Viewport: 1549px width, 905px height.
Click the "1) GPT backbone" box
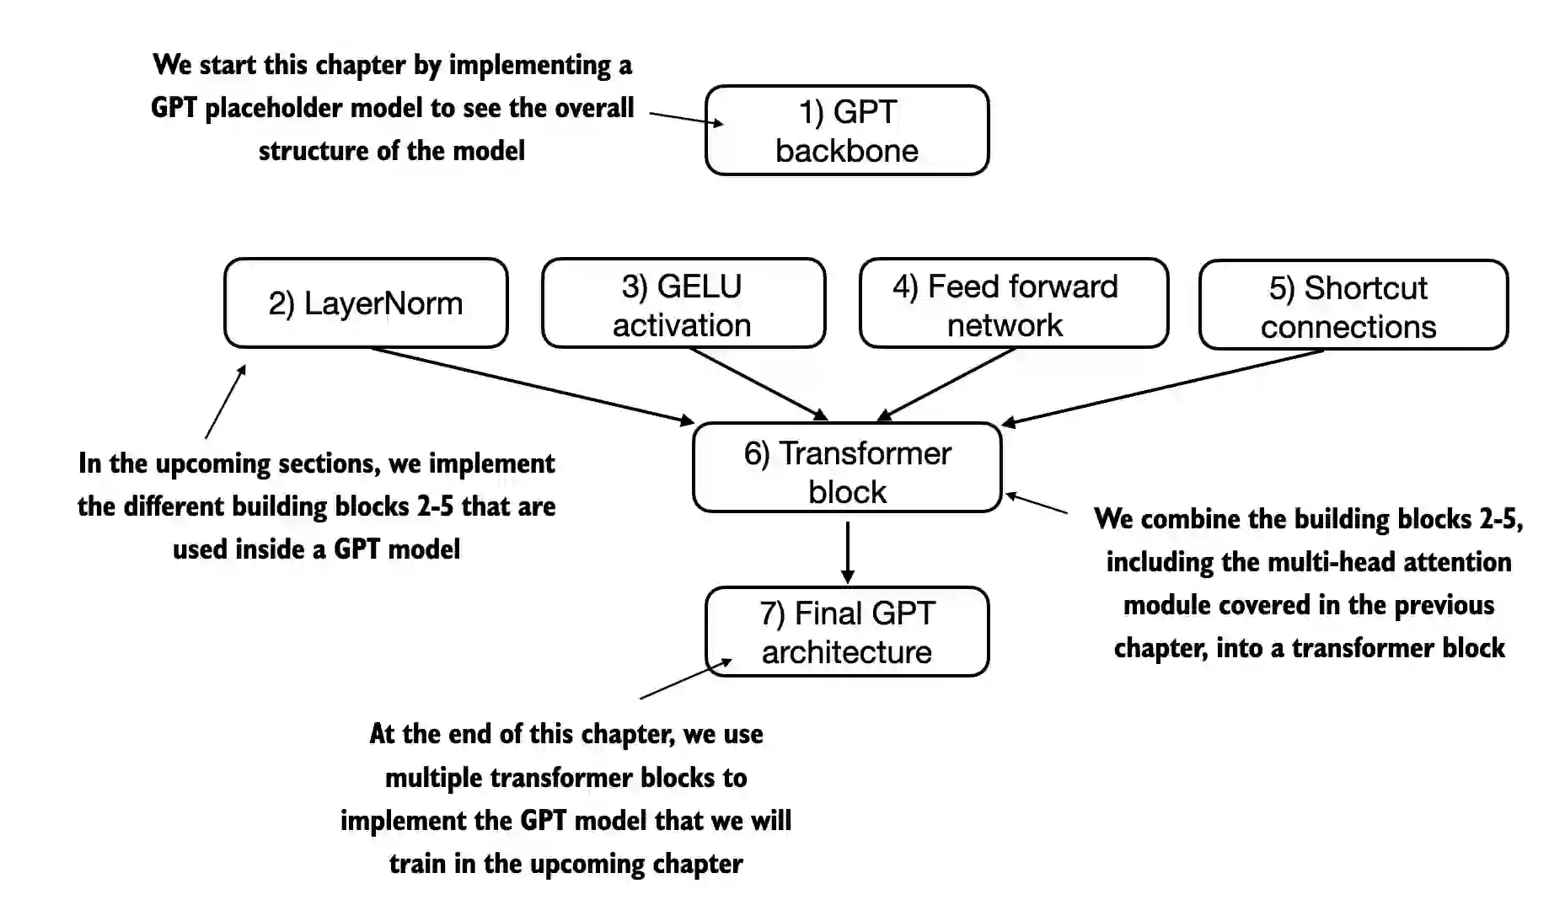[846, 131]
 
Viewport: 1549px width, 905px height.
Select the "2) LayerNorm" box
[366, 303]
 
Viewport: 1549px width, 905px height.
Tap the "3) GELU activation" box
[683, 303]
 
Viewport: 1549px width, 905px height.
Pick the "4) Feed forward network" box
[1013, 303]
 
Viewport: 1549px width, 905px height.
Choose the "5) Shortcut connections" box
[1353, 305]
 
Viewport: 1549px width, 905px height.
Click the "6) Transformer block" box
[847, 468]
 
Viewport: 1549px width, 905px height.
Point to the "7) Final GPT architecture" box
[847, 632]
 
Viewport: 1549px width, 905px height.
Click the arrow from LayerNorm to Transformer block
[531, 385]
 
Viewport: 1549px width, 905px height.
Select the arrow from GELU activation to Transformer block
[758, 383]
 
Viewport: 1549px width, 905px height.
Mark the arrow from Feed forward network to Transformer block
[946, 383]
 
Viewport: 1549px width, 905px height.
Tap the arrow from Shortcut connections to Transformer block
[1163, 386]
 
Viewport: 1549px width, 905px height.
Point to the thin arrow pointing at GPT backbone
[685, 118]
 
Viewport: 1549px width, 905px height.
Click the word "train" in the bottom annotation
[417, 864]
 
